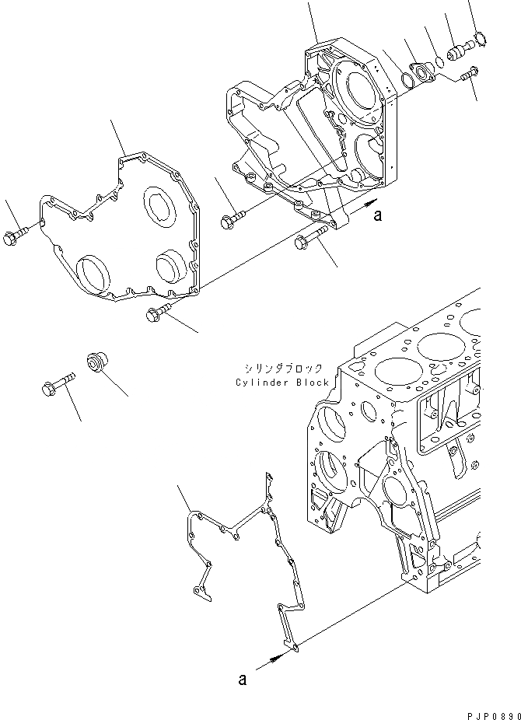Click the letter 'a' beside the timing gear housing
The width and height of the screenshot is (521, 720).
click(377, 217)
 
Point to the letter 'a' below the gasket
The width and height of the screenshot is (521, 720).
click(243, 679)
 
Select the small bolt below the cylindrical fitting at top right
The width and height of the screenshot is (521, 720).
click(469, 75)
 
